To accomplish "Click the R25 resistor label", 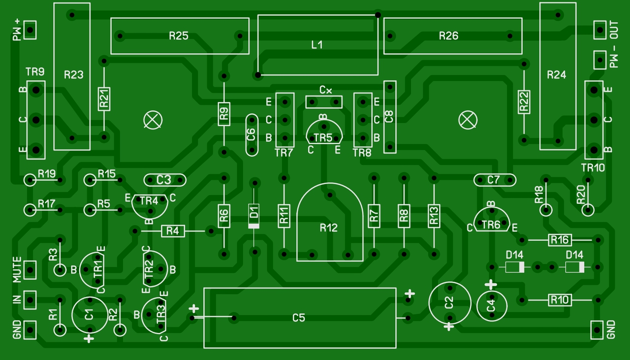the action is coord(179,36).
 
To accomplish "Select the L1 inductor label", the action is coord(317,45).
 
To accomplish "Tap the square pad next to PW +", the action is coord(30,30).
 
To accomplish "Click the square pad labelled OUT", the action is coord(599,30).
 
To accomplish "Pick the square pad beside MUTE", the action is coord(30,270).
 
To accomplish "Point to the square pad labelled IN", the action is coord(30,300).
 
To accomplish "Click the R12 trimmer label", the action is coord(328,228).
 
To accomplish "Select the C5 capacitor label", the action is coord(298,318).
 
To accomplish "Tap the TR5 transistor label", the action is coord(323,138).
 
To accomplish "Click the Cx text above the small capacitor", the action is coord(325,90).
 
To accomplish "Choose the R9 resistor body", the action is coord(224,114).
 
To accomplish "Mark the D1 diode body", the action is coord(253,216).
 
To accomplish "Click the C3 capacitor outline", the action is coord(165,174).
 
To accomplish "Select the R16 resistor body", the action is coord(560,240).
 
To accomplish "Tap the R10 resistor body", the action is coord(560,300).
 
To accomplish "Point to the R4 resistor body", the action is coord(173,231).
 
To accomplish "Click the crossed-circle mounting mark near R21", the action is coord(153,120).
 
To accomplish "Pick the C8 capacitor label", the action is coord(389,117).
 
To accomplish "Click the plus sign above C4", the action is coord(491,285).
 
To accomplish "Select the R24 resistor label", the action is coord(556,75).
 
